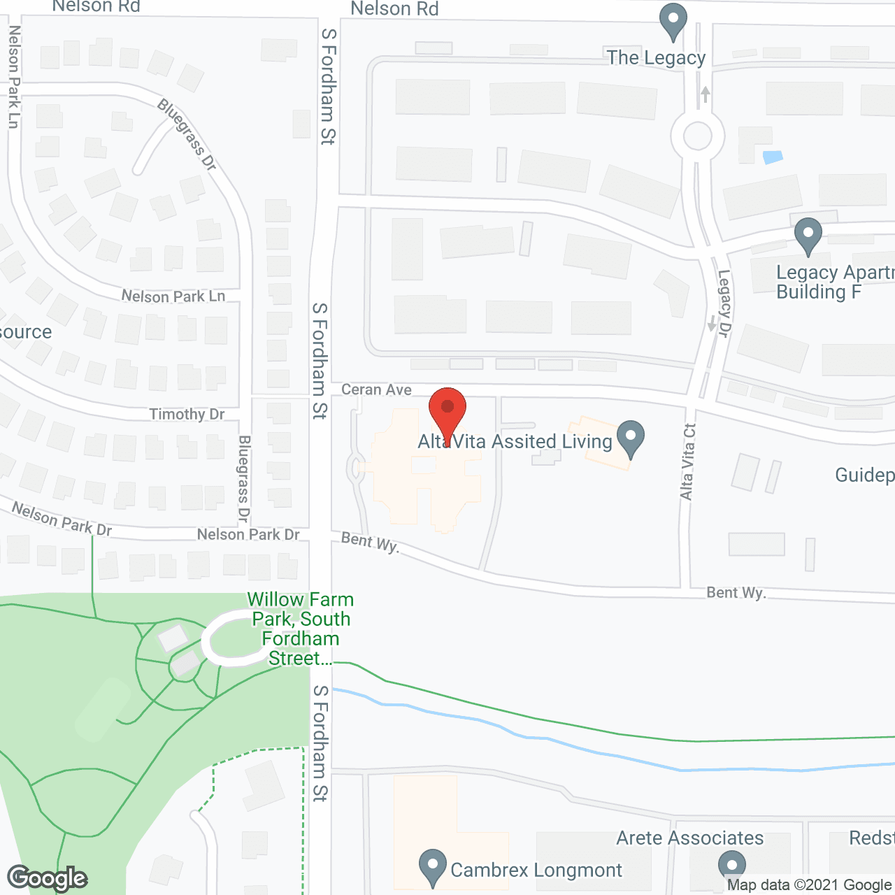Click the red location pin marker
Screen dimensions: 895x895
pyautogui.click(x=447, y=410)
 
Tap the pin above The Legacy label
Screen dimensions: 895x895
pyautogui.click(x=673, y=21)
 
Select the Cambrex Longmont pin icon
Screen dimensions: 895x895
pyautogui.click(x=433, y=867)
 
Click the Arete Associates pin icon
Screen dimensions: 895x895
pyautogui.click(x=732, y=866)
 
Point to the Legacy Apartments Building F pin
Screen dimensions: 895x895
pyautogui.click(x=808, y=236)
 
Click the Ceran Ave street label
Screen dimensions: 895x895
pyautogui.click(x=376, y=389)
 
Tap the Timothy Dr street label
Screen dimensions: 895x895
pyautogui.click(x=187, y=414)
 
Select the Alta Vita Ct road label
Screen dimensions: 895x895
pyautogui.click(x=688, y=461)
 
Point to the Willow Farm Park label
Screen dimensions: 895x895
pyautogui.click(x=301, y=629)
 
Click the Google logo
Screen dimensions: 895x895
pyautogui.click(x=47, y=878)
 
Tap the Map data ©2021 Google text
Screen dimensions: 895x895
pyautogui.click(x=810, y=885)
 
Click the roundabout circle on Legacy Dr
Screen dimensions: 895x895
pyautogui.click(x=697, y=136)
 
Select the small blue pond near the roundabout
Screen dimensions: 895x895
pyautogui.click(x=773, y=157)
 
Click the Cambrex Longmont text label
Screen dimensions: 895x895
pyautogui.click(x=536, y=870)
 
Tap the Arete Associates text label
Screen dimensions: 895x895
pyautogui.click(x=689, y=838)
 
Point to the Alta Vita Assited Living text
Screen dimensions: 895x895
pyautogui.click(x=515, y=441)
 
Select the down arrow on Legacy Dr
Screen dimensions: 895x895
pyautogui.click(x=712, y=324)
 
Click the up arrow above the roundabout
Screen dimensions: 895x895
pyautogui.click(x=706, y=94)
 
